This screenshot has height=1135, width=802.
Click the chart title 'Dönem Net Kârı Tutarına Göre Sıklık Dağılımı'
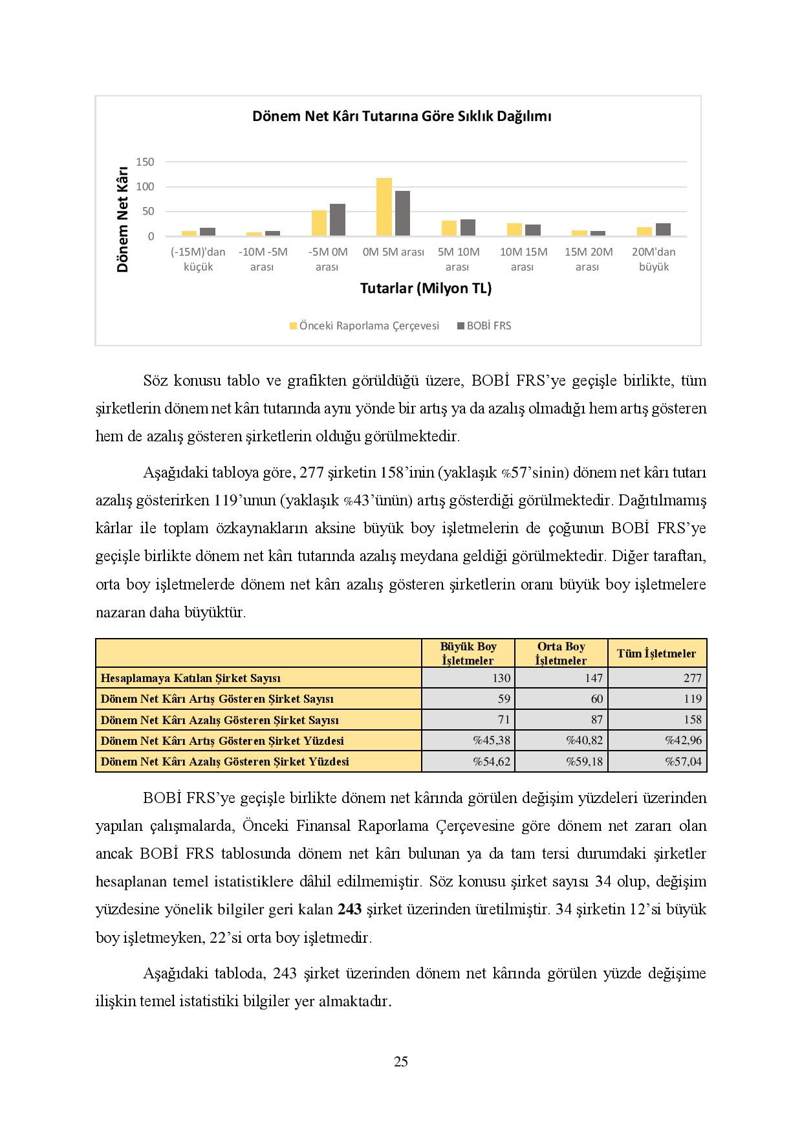[x=401, y=116]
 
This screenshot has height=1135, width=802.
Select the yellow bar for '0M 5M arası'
[x=384, y=207]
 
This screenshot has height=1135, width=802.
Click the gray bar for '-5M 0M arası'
[x=338, y=220]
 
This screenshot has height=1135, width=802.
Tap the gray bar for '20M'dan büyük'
[x=663, y=230]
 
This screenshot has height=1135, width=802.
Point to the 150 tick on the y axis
[x=146, y=162]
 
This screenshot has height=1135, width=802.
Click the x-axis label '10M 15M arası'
[x=523, y=259]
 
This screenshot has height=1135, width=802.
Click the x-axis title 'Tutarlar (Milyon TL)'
[x=426, y=289]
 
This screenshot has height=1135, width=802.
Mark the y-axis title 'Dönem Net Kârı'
[x=123, y=220]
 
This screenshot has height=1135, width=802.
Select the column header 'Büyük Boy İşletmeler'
[x=468, y=654]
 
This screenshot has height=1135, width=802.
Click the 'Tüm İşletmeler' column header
[x=656, y=654]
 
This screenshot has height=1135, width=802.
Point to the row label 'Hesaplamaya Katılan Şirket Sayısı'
[x=191, y=678]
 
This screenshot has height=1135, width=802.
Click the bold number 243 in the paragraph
[x=349, y=909]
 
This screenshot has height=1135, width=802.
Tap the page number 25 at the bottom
[x=401, y=1061]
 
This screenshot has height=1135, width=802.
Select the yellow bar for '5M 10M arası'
[x=449, y=228]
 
